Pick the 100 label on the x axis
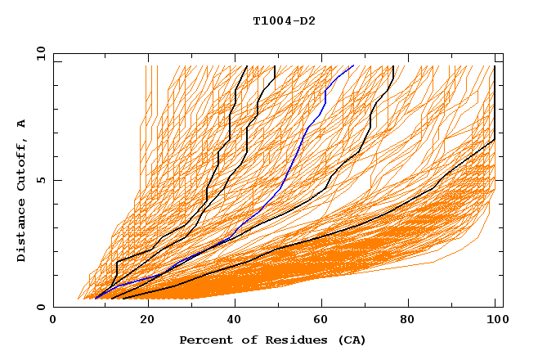pos(495,320)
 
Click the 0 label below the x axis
pos(54,320)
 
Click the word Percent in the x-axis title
pos(202,340)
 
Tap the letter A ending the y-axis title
pos(22,124)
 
